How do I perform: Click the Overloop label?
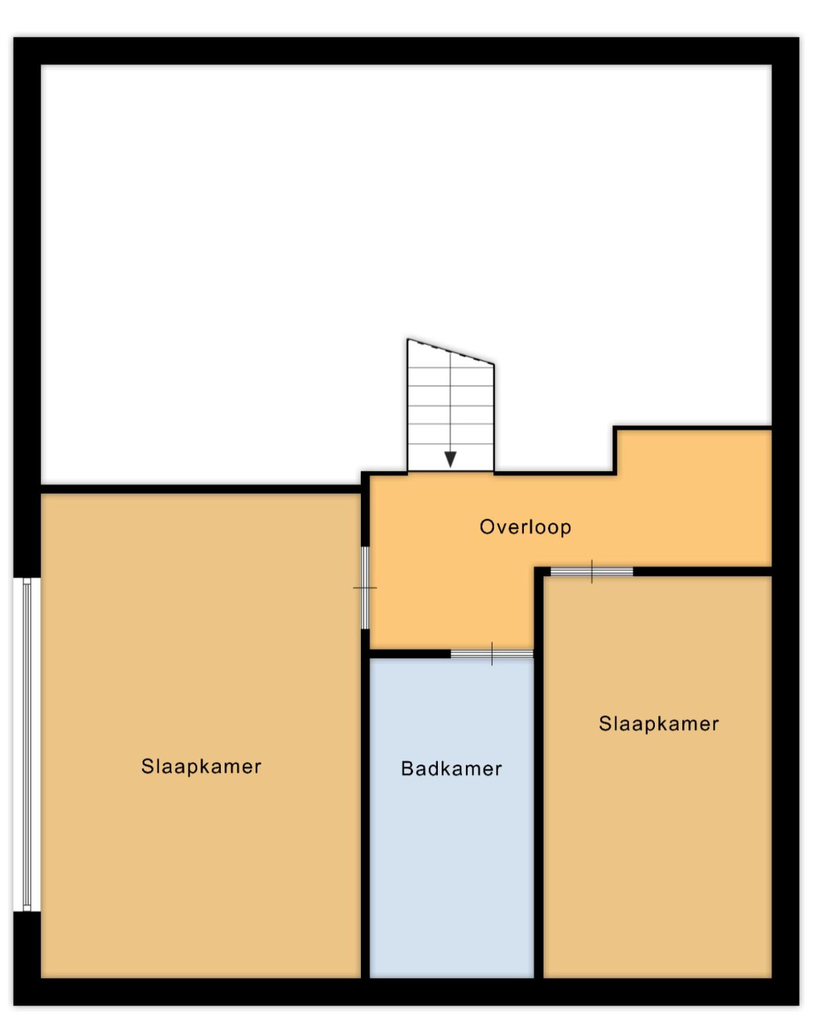(x=525, y=527)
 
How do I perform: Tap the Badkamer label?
(x=451, y=768)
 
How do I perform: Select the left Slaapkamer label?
(x=201, y=766)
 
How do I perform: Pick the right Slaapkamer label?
(x=659, y=724)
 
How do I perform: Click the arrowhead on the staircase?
(x=450, y=459)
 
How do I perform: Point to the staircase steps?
(x=451, y=405)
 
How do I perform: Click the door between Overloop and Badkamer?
(x=492, y=654)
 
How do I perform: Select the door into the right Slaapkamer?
(x=592, y=572)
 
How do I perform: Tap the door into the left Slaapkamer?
(x=365, y=587)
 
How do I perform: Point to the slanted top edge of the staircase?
(x=451, y=351)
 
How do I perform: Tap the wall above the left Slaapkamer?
(x=200, y=489)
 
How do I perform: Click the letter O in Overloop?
(x=487, y=527)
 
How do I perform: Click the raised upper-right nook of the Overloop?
(x=694, y=451)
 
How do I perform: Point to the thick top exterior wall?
(x=406, y=51)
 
